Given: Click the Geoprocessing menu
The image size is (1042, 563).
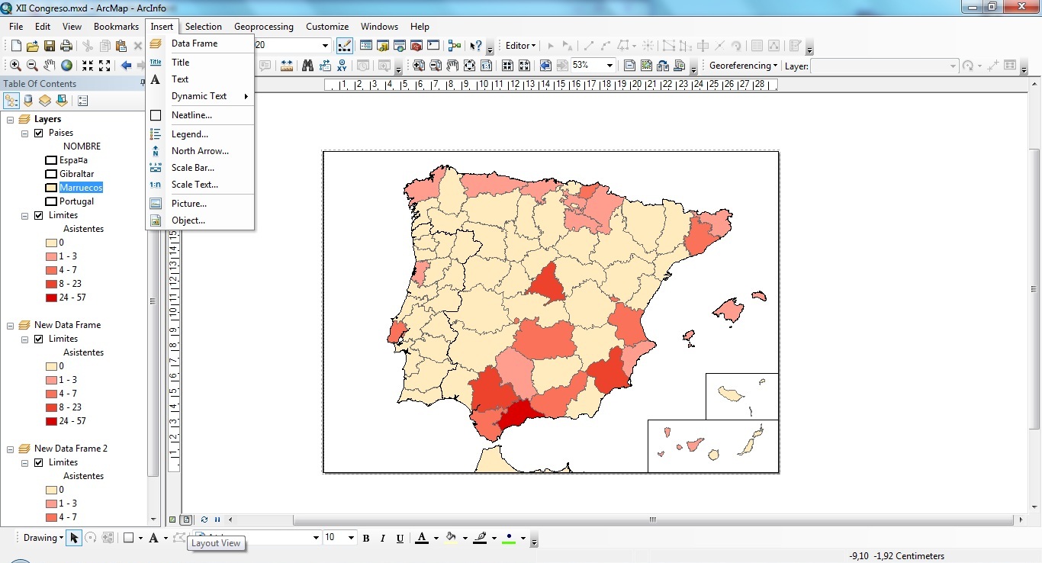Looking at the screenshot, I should click(263, 27).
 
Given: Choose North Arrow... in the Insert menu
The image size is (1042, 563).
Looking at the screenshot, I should click(200, 151).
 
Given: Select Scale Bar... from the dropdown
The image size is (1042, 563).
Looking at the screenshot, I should click(192, 168).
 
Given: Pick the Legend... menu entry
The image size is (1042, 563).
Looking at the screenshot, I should click(190, 134).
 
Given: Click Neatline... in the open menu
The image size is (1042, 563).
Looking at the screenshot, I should click(191, 115).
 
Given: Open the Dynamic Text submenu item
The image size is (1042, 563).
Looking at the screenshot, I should click(199, 96).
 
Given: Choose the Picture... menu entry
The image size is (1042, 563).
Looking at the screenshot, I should click(189, 204).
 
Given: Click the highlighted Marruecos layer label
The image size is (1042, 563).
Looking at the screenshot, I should click(81, 188).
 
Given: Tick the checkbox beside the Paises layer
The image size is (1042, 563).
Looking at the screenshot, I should click(39, 133).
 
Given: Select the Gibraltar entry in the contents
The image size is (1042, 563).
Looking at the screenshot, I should click(77, 174).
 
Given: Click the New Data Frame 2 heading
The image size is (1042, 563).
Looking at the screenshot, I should click(71, 449).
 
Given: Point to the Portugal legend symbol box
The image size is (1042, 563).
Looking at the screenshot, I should click(51, 201).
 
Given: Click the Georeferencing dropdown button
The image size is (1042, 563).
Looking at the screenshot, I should click(743, 66).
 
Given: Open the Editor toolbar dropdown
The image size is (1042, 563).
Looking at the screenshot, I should click(521, 46).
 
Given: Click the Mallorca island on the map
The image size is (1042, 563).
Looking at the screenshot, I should click(729, 310).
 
